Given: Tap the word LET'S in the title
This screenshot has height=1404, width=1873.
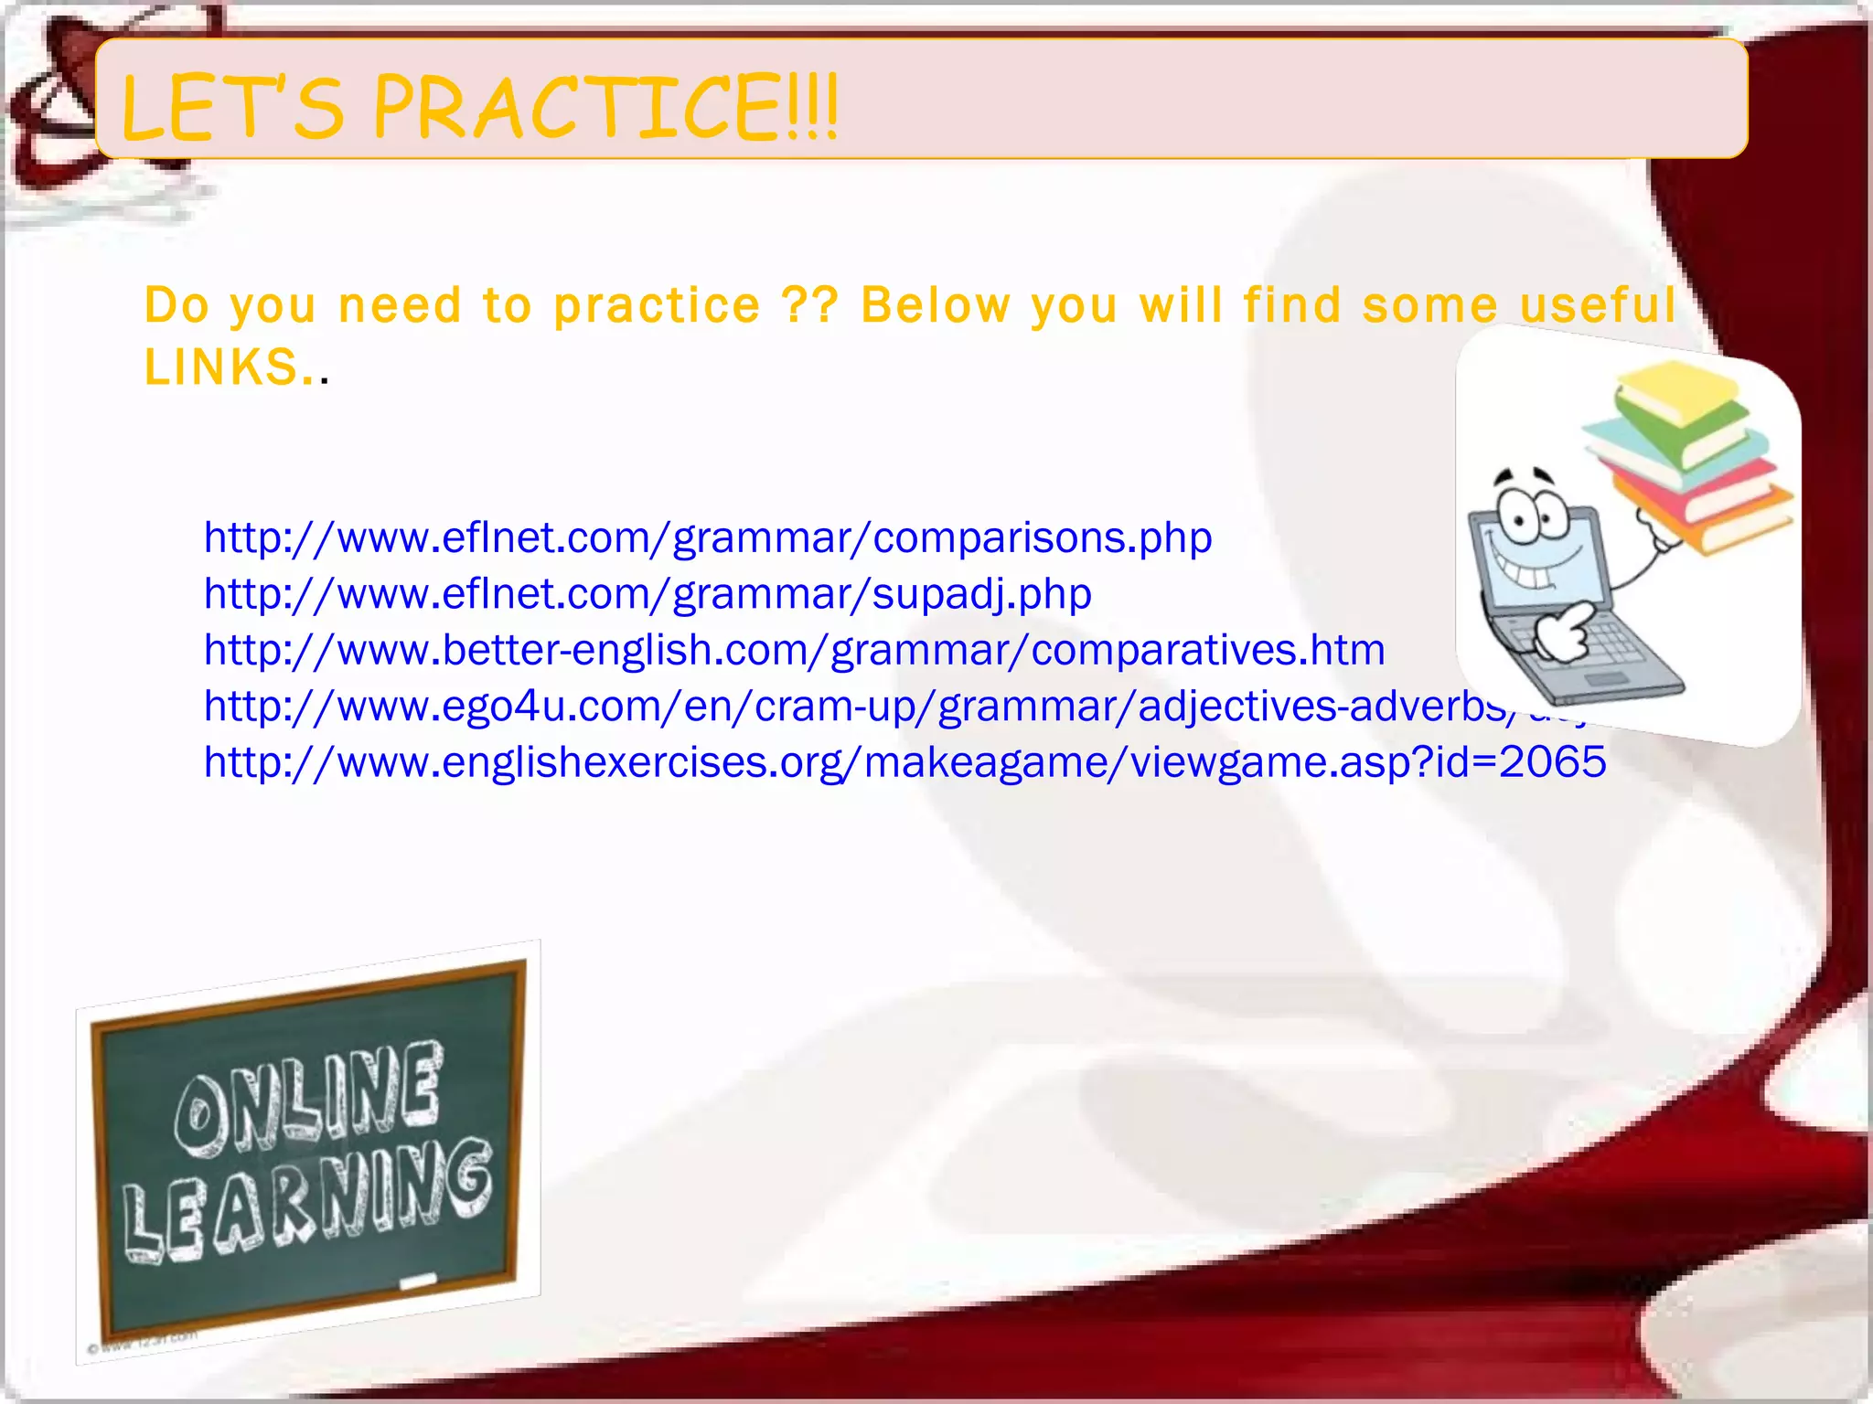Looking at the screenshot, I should pos(233,109).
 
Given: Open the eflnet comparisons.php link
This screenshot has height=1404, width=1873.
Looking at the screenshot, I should pos(707,537).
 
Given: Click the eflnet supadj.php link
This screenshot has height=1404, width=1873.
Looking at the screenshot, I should pos(648,594).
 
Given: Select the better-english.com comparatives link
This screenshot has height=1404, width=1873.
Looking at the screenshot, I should pos(794,651).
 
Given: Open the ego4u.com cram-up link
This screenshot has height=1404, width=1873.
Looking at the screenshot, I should pos(851,707).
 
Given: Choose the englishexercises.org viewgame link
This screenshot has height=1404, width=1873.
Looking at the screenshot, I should pos(904,762).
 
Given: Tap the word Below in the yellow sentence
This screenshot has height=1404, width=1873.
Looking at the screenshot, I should pos(935,305).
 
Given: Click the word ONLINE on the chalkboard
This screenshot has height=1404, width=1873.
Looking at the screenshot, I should pos(309,1097).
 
